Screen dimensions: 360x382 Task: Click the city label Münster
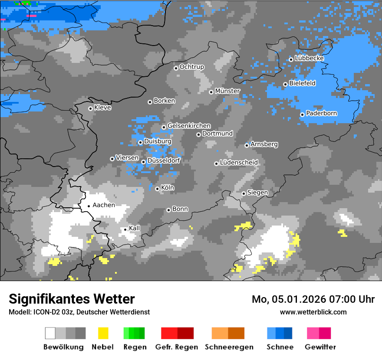(227, 91)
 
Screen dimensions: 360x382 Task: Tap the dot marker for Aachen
(89, 206)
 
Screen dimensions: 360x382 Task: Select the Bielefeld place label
(302, 83)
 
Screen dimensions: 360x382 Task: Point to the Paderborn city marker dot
(302, 115)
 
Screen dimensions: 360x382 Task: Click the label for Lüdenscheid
(239, 163)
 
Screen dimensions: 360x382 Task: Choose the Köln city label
(167, 188)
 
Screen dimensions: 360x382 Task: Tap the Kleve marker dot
(90, 108)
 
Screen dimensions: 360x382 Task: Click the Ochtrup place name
(191, 67)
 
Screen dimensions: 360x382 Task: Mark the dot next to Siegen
(244, 193)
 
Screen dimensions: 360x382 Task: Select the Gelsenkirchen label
(189, 126)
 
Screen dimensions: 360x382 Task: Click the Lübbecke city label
(309, 58)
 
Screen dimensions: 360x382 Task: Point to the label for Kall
(135, 228)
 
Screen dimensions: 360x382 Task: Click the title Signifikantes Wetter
(72, 299)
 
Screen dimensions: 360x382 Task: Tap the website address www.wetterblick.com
(313, 312)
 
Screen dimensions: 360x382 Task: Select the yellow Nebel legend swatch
(103, 333)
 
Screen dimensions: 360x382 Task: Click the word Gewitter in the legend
(320, 347)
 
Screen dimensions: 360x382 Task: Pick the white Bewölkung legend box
(50, 333)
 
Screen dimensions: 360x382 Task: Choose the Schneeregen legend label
(228, 347)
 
